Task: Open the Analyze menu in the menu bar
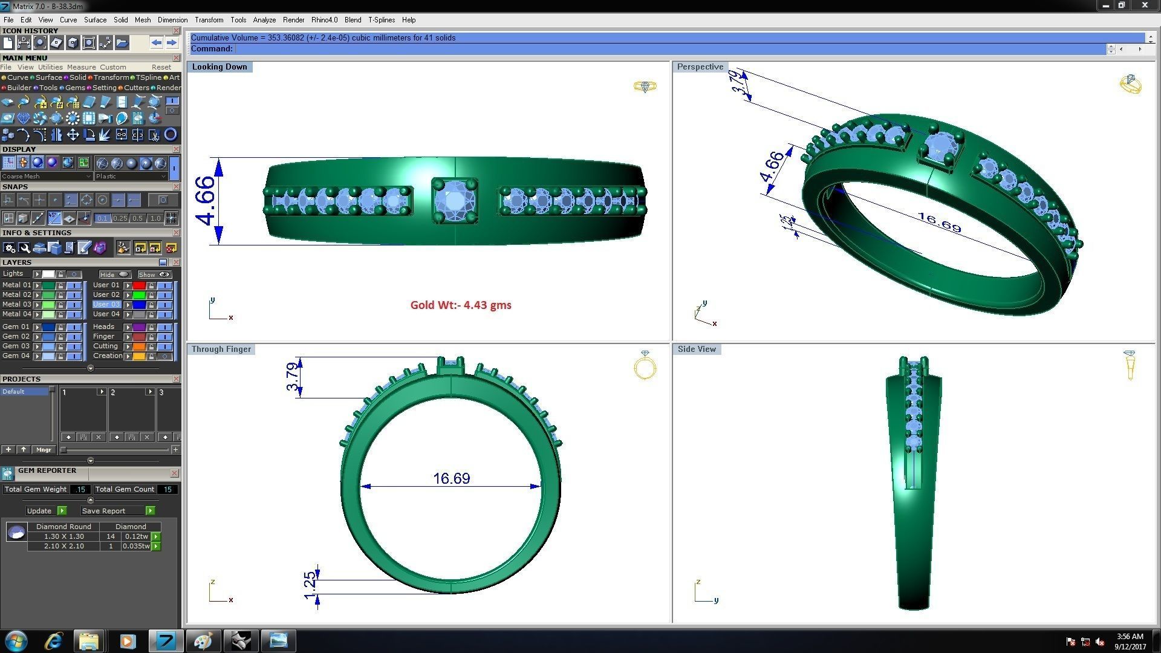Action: click(264, 20)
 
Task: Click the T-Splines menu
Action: click(381, 20)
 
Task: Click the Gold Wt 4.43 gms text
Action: click(461, 305)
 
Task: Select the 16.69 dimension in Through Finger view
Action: click(451, 478)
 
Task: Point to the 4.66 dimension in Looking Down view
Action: click(205, 201)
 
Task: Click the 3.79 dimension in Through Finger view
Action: click(293, 377)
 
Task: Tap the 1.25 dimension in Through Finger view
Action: click(310, 585)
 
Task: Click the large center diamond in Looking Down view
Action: click(455, 201)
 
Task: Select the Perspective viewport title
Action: click(700, 67)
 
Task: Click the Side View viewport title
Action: click(697, 349)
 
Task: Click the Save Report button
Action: click(103, 511)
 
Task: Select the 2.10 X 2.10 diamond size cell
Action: click(63, 546)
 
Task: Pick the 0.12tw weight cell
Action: click(136, 536)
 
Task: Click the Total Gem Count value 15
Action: click(167, 489)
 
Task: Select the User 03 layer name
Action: click(106, 304)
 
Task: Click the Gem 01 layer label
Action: click(16, 326)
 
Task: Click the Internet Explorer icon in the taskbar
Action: click(53, 641)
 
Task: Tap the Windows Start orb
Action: click(16, 641)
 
